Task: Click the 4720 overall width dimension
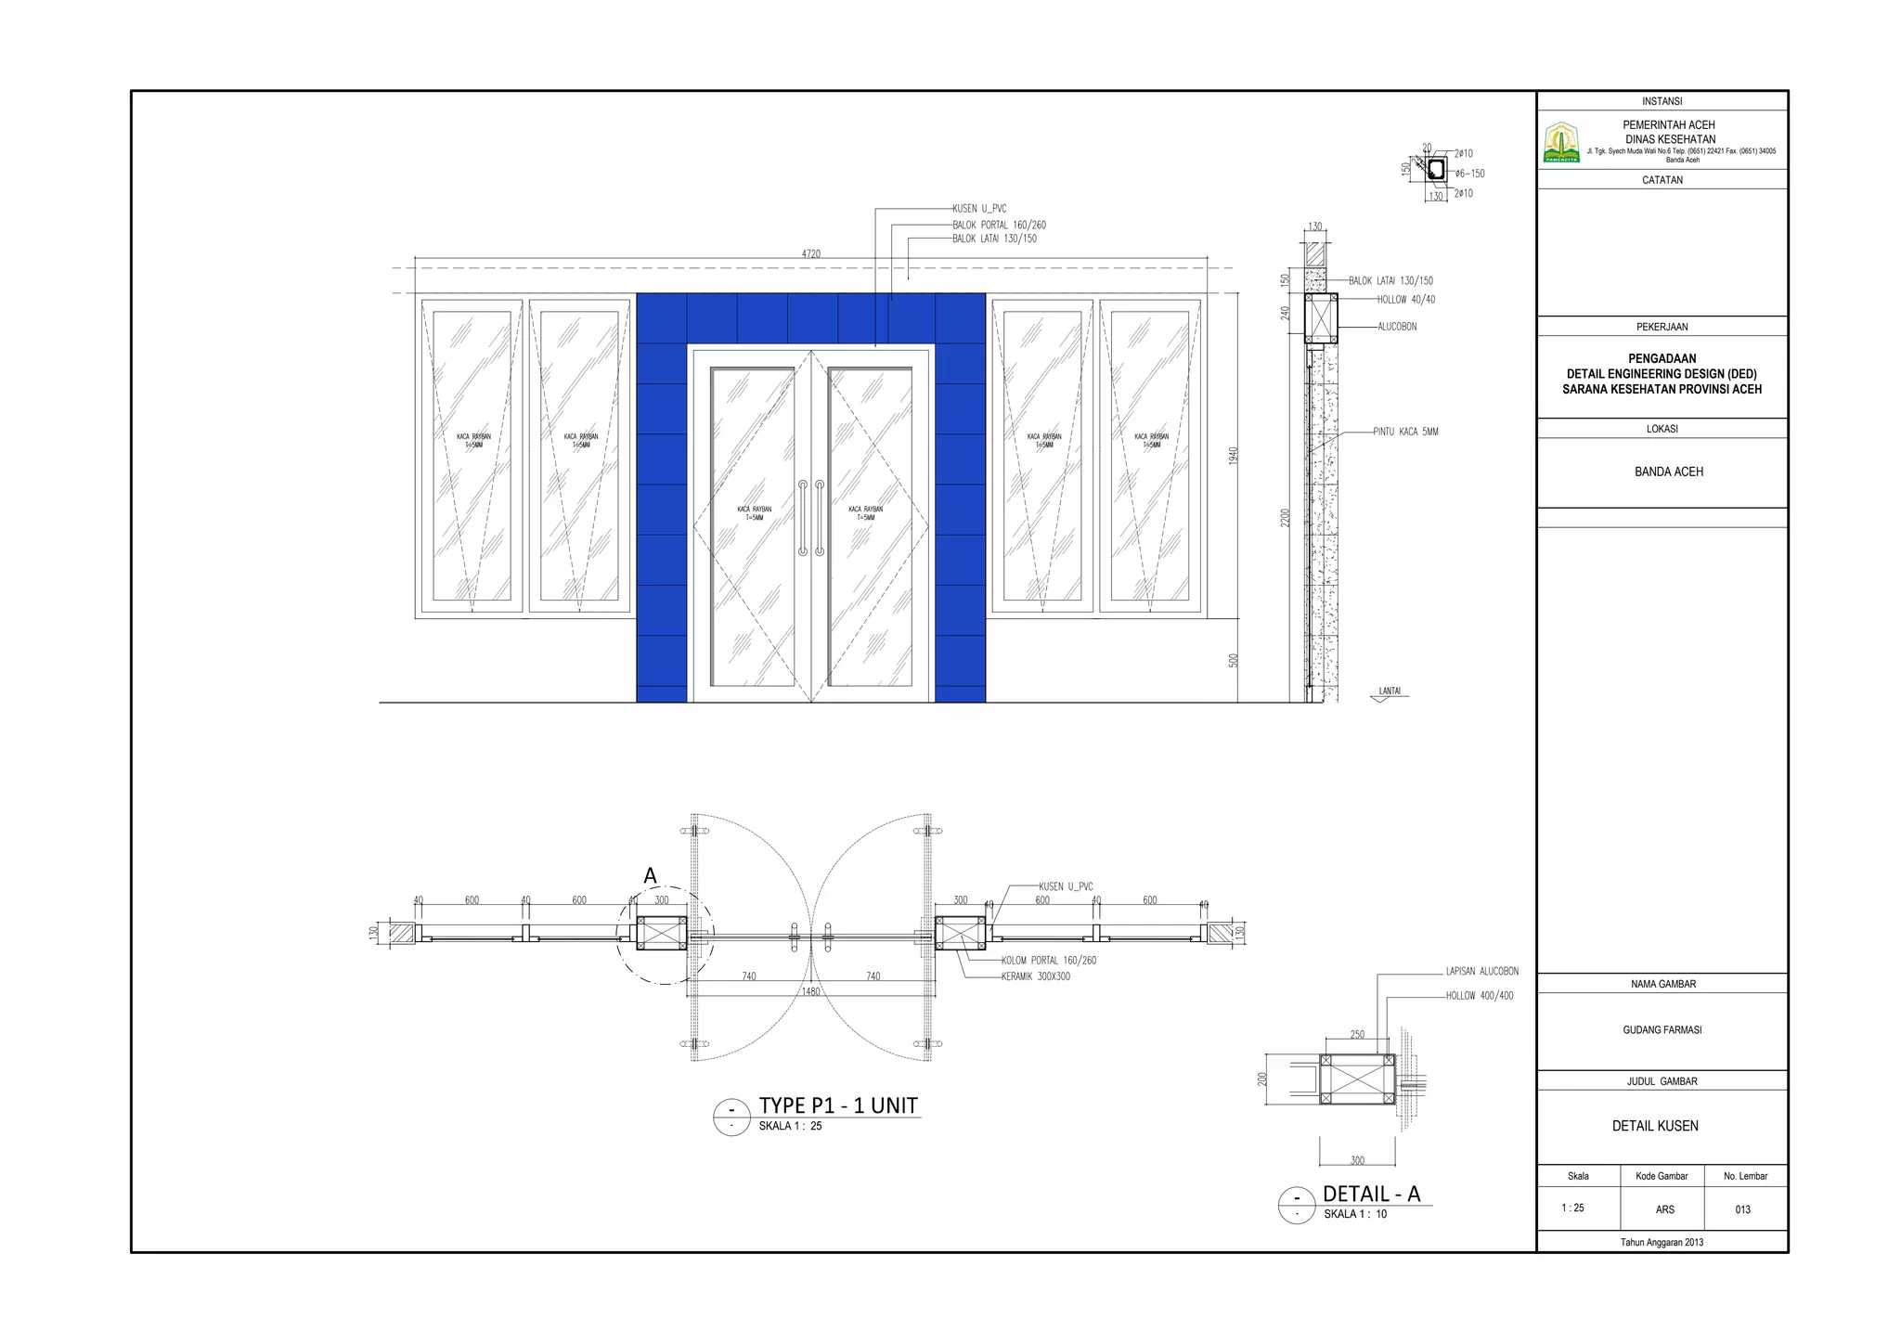810,253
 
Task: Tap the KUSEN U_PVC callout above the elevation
978,210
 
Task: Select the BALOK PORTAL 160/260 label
999,226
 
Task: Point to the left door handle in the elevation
803,518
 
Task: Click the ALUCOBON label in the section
1397,327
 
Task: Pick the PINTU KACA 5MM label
1405,433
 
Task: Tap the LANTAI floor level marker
1389,691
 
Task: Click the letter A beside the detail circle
650,875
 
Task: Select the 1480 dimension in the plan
810,991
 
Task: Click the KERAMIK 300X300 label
1035,976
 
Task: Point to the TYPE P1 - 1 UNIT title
837,1105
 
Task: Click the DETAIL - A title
1371,1194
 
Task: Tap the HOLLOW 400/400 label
1479,996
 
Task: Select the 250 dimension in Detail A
1356,1034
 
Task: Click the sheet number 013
1742,1209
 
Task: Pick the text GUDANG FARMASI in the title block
1662,1030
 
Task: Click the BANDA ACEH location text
1668,472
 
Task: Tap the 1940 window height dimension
1234,456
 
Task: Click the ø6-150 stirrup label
1469,174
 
